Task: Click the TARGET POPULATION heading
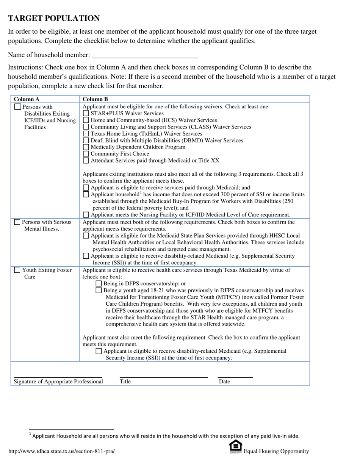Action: (54, 18)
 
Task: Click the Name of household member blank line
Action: (145, 55)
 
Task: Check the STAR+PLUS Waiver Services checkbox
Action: (86, 113)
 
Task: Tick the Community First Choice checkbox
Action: (86, 154)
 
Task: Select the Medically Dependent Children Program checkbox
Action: (86, 147)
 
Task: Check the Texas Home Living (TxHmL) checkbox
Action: (86, 134)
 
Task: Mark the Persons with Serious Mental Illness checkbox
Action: (17, 222)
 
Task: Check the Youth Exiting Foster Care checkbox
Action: (17, 270)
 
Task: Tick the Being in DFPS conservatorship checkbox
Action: (99, 283)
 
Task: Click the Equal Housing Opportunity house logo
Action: (236, 447)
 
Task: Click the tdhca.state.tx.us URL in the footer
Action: (61, 451)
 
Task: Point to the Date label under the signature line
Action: (224, 382)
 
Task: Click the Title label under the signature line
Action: (125, 382)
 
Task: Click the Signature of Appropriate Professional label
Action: (58, 382)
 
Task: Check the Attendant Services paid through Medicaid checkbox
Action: (86, 161)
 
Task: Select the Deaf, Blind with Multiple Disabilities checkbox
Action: (86, 141)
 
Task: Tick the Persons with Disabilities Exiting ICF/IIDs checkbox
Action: (17, 107)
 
